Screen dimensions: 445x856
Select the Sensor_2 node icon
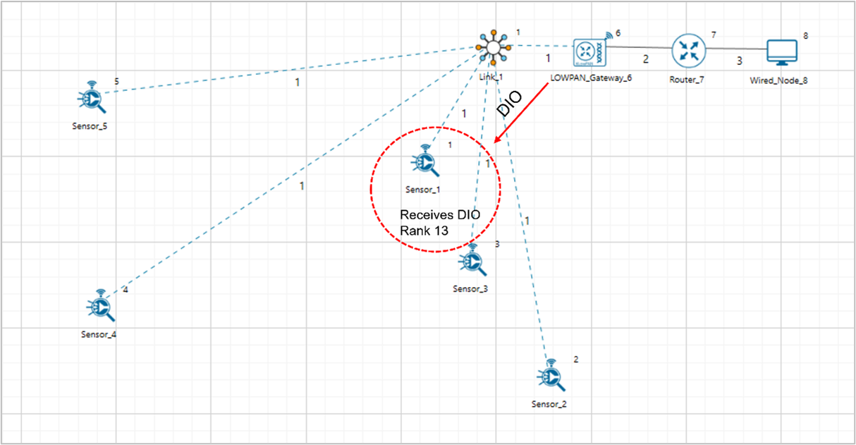551,376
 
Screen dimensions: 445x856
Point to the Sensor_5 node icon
92,99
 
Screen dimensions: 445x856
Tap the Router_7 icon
686,50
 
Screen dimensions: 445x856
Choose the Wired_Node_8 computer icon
781,51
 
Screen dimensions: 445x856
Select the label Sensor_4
99,334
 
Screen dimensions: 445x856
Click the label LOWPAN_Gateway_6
590,78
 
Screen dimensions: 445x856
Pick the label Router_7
686,79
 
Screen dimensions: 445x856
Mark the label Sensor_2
549,404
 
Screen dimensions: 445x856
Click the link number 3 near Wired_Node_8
739,61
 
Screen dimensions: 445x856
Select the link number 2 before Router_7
645,59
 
